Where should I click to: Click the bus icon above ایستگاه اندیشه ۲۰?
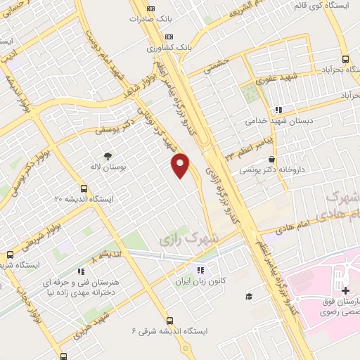[84, 188]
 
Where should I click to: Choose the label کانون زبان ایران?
[200, 281]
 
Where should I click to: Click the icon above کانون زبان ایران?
[200, 269]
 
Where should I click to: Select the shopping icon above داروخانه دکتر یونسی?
[271, 160]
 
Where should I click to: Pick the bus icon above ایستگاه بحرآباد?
[345, 60]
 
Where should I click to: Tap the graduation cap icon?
[248, 296]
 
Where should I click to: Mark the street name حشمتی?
[217, 67]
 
